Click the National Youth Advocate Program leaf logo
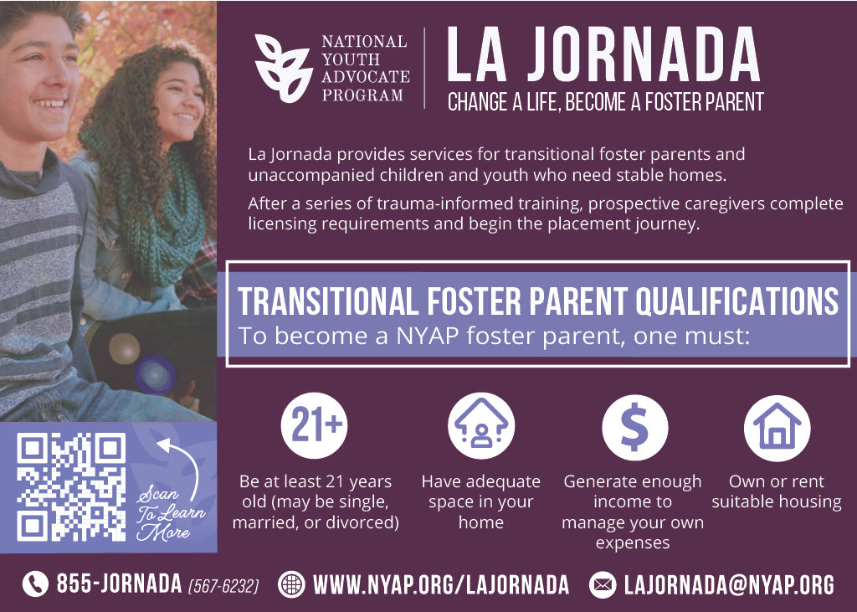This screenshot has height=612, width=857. coord(283,69)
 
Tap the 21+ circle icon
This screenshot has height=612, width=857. coord(315,425)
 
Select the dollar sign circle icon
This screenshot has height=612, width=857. coord(634,427)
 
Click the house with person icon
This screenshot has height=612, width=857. coord(481,426)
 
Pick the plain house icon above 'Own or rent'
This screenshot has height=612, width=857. coord(777,428)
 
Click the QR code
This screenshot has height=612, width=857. coord(72,486)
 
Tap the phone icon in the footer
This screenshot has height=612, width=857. coord(35,584)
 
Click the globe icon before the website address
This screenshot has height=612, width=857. coord(291,584)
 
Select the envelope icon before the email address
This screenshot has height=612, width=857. coord(603,584)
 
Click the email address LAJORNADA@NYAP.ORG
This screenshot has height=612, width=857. coord(729,584)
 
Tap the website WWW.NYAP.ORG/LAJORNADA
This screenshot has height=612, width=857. coord(441,584)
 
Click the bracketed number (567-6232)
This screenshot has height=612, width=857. coord(223,587)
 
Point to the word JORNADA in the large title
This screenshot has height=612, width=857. coord(644,54)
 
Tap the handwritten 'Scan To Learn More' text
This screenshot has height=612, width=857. coord(171,513)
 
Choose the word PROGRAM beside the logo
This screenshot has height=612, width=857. coord(362,95)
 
